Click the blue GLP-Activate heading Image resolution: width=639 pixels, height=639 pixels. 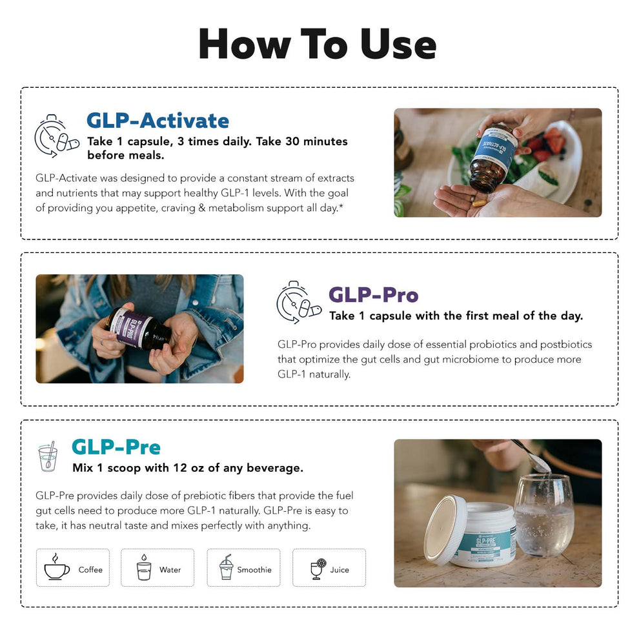[x=157, y=121]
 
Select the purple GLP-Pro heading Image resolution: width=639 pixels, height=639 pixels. [x=373, y=295]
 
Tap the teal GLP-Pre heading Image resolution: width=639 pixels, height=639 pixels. [x=116, y=447]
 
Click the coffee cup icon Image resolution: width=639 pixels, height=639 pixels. [x=57, y=568]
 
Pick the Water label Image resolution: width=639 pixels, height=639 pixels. [x=170, y=570]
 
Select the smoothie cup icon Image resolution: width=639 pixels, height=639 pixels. [x=226, y=568]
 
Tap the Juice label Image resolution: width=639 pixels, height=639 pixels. [x=339, y=570]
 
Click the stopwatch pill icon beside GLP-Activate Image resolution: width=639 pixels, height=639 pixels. [x=56, y=136]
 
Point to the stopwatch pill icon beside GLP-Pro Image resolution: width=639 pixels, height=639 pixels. [x=298, y=302]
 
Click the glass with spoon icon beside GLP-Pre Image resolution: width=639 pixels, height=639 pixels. [x=48, y=457]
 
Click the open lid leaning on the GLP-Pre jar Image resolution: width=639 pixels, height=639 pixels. [x=445, y=529]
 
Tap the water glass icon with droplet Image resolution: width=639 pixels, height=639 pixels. [x=143, y=568]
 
